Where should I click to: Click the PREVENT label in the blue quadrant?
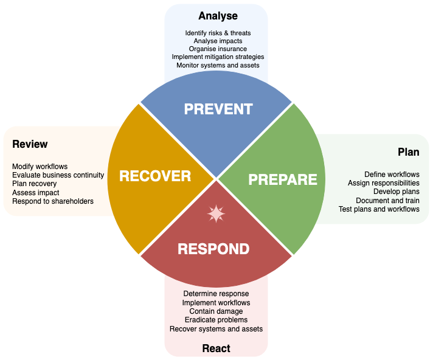tap(218, 109)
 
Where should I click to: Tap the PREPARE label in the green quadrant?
tap(283, 179)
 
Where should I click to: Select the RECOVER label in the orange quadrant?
tap(155, 176)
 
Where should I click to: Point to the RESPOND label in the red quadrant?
tap(213, 249)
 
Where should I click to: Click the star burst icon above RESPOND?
tap(216, 214)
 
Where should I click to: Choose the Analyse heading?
tap(218, 16)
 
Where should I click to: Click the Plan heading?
tap(408, 151)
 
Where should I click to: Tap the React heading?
tap(216, 348)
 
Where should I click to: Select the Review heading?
tap(30, 144)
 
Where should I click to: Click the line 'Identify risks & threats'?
tap(218, 33)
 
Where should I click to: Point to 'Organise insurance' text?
tap(218, 49)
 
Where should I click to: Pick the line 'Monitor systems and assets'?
tap(218, 65)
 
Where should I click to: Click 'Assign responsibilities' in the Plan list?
tap(383, 183)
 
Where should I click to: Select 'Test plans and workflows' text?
tap(379, 209)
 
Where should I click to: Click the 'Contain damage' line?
tap(216, 311)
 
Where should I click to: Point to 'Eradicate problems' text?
tap(216, 320)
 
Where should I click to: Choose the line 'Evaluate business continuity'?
tap(58, 175)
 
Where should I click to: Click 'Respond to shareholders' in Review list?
tap(53, 201)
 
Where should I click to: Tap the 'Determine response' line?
tap(216, 294)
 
